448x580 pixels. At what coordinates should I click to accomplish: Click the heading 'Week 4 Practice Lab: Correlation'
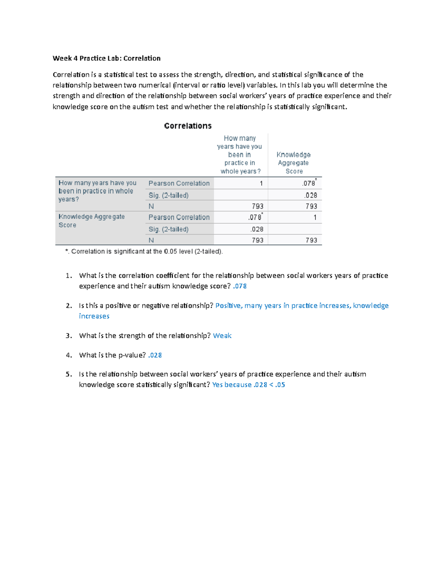pyautogui.click(x=106, y=58)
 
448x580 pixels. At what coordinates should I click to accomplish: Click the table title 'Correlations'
pyautogui.click(x=188, y=126)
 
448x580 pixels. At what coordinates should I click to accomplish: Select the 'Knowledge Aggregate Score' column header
pyautogui.click(x=294, y=163)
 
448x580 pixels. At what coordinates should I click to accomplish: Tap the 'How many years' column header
pyautogui.click(x=240, y=155)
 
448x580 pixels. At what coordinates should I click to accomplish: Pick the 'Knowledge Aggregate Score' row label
pyautogui.click(x=91, y=221)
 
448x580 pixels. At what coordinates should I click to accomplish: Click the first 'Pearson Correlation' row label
pyautogui.click(x=179, y=183)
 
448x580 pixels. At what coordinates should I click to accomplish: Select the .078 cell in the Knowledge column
pyautogui.click(x=309, y=183)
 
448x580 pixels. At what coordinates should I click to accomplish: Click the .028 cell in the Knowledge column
pyautogui.click(x=311, y=195)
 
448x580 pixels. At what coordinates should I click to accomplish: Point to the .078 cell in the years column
pyautogui.click(x=255, y=217)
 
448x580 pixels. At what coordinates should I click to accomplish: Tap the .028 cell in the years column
pyautogui.click(x=257, y=229)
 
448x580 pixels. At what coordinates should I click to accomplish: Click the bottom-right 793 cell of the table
pyautogui.click(x=311, y=240)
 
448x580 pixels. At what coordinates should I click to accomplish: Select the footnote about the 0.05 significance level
pyautogui.click(x=144, y=251)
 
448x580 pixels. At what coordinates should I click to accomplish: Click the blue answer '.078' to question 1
pyautogui.click(x=240, y=286)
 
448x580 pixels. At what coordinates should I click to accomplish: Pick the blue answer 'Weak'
pyautogui.click(x=222, y=336)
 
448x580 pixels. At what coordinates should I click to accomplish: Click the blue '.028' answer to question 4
pyautogui.click(x=155, y=355)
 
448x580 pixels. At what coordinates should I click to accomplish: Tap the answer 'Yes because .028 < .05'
pyautogui.click(x=249, y=385)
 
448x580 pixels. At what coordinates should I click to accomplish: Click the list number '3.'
pyautogui.click(x=69, y=336)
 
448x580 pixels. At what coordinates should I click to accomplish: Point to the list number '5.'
pyautogui.click(x=69, y=374)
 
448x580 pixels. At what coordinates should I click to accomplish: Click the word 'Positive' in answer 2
pyautogui.click(x=229, y=305)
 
